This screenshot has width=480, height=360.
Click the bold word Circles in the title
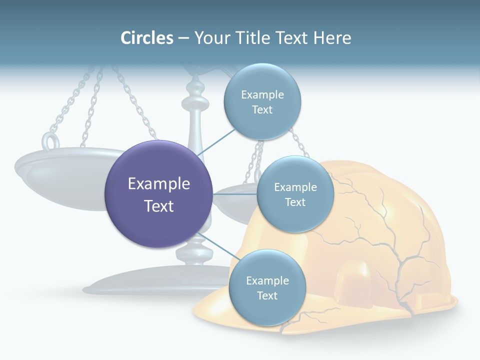(x=146, y=38)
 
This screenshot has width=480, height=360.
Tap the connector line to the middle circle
(x=234, y=194)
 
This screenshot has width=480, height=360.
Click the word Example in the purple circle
(x=159, y=184)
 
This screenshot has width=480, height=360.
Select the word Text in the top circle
(x=262, y=110)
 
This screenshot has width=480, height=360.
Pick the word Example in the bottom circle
(x=267, y=280)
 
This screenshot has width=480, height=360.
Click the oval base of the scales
(x=150, y=285)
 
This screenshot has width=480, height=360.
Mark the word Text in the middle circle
(x=295, y=202)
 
